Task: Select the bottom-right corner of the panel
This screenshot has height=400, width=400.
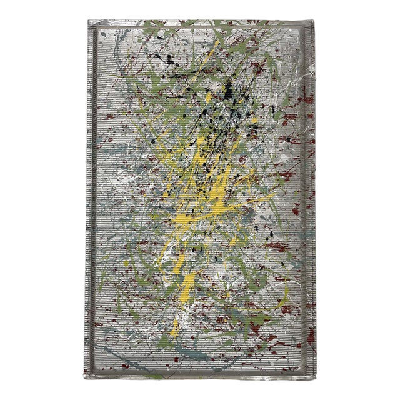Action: pyautogui.click(x=316, y=379)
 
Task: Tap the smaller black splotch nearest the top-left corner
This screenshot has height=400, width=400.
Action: pyautogui.click(x=167, y=59)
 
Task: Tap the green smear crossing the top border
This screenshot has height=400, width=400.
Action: pyautogui.click(x=187, y=25)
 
